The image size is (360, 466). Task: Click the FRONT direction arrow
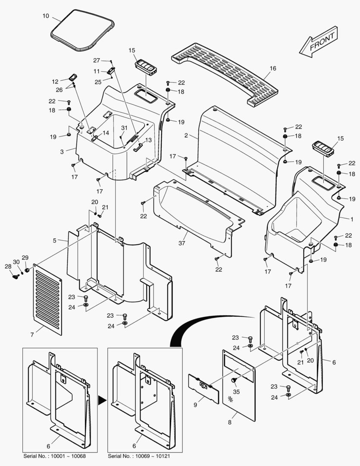coord(319,42)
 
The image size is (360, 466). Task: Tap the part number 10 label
coord(46,16)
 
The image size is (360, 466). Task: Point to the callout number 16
coord(273,68)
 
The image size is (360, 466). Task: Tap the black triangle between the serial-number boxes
coord(102,400)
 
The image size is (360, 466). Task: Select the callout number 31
coord(124,128)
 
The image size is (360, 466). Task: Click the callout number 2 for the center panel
coord(186,135)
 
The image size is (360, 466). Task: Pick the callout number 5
coord(55,240)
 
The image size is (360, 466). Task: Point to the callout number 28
coord(8,267)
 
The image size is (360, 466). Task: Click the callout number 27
coord(97,60)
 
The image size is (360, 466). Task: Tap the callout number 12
coord(55,81)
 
